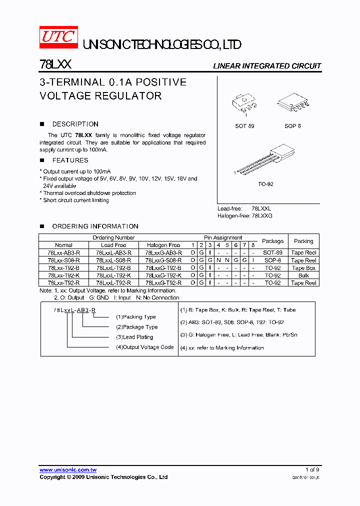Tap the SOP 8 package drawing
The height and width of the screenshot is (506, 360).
point(292,103)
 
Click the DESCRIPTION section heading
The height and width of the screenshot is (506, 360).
point(75,124)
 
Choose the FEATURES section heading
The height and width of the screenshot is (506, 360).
point(70,160)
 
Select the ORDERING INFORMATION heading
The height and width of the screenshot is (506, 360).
point(95,226)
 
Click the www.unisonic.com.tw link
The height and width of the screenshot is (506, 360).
point(68,470)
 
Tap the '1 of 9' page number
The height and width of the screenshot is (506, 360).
point(312,470)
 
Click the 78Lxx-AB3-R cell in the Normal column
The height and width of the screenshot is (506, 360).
point(63,253)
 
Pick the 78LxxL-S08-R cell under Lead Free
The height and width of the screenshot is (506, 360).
point(113,260)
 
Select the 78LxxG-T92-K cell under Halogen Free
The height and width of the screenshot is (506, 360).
point(163,275)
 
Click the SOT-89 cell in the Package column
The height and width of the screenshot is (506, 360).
point(272,253)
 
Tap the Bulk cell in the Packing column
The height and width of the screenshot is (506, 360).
point(303,275)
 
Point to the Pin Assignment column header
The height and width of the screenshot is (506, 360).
point(222,237)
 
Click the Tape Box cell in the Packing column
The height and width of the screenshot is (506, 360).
point(303,268)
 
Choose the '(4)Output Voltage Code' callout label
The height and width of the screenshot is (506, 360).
point(144,347)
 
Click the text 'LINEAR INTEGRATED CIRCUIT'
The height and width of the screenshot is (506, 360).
point(267,66)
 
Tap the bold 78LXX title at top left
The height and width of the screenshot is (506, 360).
point(55,65)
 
